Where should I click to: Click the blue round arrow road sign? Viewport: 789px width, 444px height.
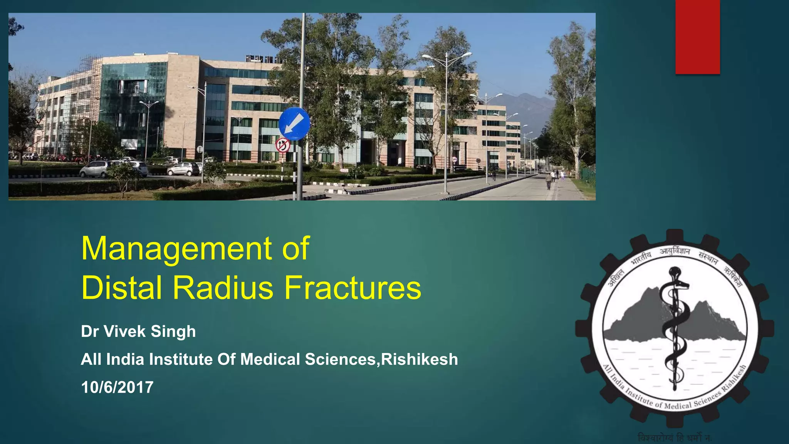pos(294,123)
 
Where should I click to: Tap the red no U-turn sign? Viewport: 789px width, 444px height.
pos(282,145)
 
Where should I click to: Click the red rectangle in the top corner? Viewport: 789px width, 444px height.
pos(697,37)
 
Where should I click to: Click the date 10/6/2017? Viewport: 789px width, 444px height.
pos(117,387)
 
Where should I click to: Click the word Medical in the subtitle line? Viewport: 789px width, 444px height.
pos(270,359)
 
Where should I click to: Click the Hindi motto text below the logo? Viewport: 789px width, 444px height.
pos(675,438)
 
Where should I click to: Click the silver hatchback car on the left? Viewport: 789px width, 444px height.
pos(94,169)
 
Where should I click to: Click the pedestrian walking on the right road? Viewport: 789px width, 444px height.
pos(549,182)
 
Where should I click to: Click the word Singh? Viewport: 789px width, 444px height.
pos(173,331)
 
